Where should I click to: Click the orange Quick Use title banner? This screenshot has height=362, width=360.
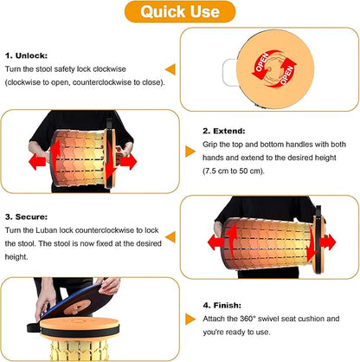click(x=180, y=12)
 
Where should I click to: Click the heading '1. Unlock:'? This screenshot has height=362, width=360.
click(x=26, y=55)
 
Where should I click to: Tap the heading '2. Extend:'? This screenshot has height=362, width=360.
click(x=224, y=131)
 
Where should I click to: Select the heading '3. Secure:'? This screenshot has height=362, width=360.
click(x=26, y=217)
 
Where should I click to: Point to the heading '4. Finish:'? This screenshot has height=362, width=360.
click(x=222, y=305)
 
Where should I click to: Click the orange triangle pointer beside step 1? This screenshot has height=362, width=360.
click(x=170, y=69)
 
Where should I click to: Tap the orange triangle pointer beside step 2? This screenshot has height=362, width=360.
click(x=190, y=152)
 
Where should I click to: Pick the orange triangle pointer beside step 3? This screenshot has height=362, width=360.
click(x=170, y=237)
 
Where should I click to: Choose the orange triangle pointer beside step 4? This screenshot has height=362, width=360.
click(x=190, y=320)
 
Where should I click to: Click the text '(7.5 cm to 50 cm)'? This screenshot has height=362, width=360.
click(x=234, y=171)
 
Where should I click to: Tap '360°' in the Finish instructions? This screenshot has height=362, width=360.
click(x=247, y=319)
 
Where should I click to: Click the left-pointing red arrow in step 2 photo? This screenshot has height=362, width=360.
click(x=37, y=161)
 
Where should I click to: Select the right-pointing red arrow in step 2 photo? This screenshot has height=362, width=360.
click(x=128, y=162)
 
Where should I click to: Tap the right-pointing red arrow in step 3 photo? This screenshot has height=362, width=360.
click(x=328, y=242)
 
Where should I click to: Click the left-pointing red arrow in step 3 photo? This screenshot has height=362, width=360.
click(x=216, y=242)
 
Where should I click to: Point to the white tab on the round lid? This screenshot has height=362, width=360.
click(x=229, y=72)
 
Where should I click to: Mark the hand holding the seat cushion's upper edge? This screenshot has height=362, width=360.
click(x=109, y=286)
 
